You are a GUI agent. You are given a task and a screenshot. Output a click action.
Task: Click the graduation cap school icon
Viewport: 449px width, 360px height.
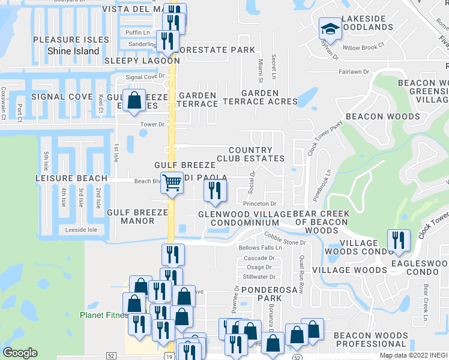pos(329,29)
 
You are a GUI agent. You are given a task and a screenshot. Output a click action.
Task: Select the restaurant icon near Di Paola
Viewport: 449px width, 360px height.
pos(214,190)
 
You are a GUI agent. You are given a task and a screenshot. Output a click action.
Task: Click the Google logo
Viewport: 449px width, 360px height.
pos(20,353)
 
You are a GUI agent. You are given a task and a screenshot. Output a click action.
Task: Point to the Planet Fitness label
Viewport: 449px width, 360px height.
pos(103,315)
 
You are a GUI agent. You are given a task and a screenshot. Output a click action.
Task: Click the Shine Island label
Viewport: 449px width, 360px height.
pos(73,51)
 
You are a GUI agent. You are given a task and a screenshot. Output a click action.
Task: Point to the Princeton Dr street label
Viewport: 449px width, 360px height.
pos(259,204)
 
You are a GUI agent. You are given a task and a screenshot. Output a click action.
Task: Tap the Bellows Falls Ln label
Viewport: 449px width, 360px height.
pos(260,248)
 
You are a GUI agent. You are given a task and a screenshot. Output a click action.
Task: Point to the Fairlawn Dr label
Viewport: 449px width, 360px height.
pos(354,71)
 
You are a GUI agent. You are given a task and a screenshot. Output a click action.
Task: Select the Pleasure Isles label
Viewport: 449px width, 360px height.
pos(71,40)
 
